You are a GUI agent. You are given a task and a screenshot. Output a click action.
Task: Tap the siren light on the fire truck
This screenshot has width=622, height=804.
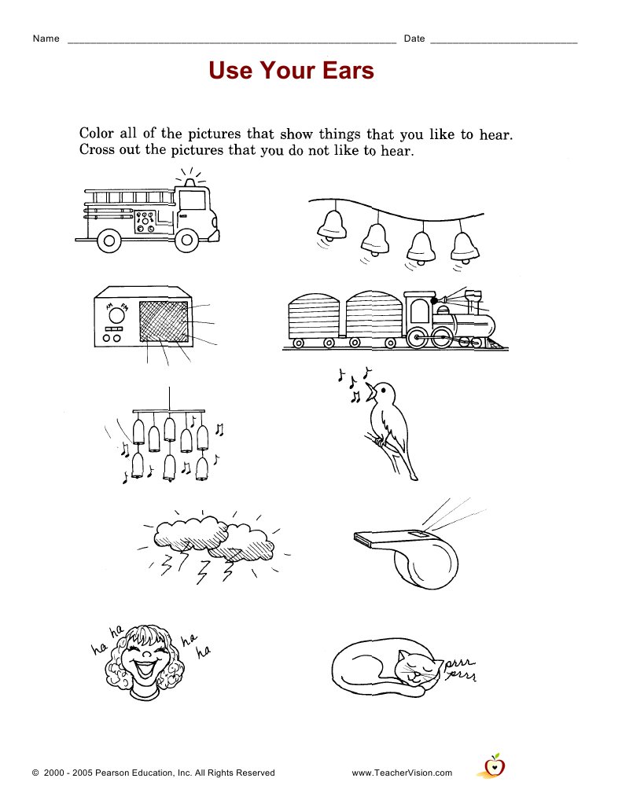coord(189,182)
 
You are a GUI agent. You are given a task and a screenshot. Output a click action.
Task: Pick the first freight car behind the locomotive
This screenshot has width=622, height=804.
coord(374,318)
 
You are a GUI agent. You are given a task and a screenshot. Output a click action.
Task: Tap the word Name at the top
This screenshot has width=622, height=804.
coord(46,39)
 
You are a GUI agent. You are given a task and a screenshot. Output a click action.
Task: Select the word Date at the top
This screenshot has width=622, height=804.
coord(414,39)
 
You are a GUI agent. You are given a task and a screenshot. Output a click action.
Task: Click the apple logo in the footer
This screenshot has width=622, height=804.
coord(493,765)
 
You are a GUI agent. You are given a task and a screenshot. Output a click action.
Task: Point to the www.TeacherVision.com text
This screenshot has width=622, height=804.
coord(402,773)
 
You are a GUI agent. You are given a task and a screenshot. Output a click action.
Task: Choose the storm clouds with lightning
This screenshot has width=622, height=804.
coord(212,542)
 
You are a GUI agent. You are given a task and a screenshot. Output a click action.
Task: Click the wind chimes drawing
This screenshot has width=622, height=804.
coord(169,440)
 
